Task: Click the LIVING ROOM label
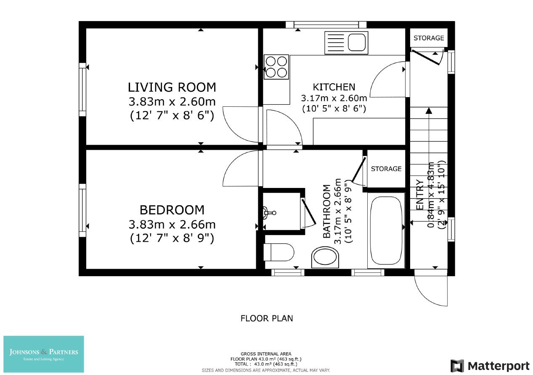[172, 87]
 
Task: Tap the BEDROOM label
[172, 210]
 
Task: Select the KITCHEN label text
[334, 87]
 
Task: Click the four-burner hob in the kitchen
[276, 67]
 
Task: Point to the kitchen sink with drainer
[346, 42]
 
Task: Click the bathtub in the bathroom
[386, 230]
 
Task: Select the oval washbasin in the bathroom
[326, 257]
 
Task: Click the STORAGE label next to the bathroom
[386, 169]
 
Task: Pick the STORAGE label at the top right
[429, 38]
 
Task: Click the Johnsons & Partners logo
[44, 354]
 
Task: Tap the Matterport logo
[490, 365]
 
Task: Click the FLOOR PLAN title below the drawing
[267, 318]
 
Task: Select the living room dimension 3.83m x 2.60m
[172, 101]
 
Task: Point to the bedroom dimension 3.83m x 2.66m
[172, 224]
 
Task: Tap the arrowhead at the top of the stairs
[429, 111]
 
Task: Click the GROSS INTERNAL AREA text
[266, 354]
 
